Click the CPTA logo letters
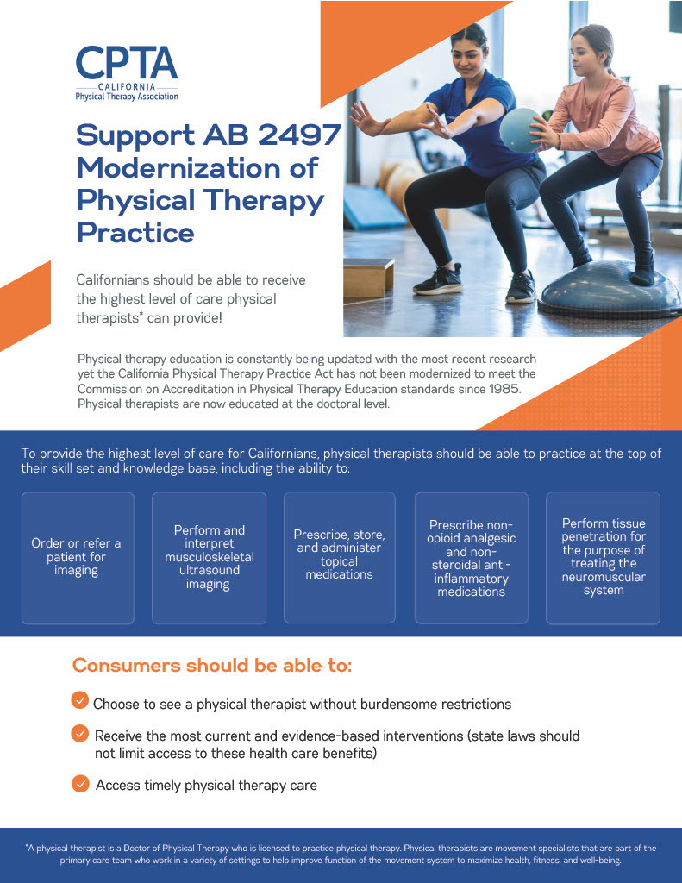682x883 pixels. tap(127, 63)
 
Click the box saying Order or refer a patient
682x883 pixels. tap(78, 558)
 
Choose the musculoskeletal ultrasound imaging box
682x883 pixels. tap(209, 558)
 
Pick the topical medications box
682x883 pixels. tap(340, 558)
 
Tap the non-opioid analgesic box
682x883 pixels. tap(472, 558)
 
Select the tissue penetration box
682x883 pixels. tap(604, 558)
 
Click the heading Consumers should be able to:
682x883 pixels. tap(212, 665)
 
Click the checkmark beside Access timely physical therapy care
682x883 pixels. tap(80, 783)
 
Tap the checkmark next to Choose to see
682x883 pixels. tap(80, 700)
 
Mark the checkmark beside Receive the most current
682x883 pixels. tap(80, 733)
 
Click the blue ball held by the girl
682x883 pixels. tap(522, 130)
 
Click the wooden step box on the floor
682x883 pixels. tap(369, 278)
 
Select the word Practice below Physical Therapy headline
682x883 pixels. tap(135, 233)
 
